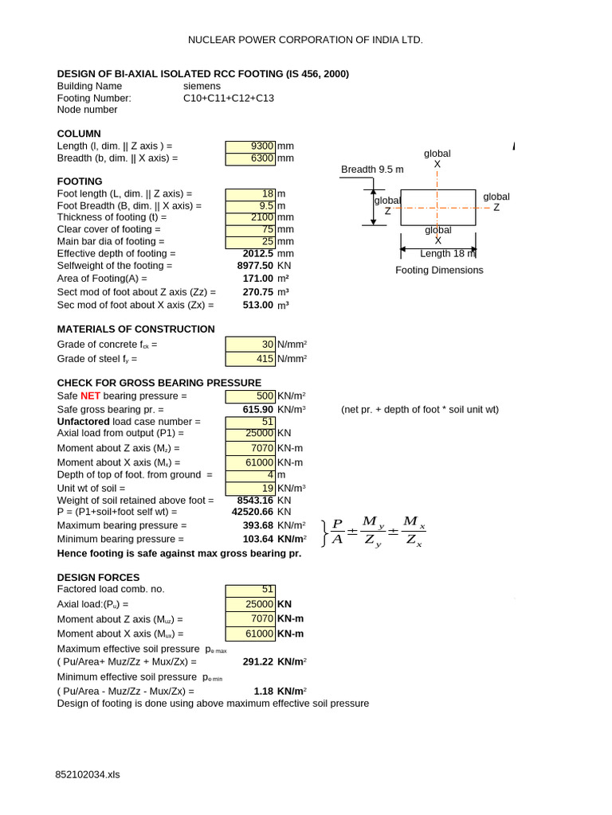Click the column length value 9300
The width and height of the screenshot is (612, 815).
coord(262,146)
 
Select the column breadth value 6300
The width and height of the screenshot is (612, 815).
coord(262,158)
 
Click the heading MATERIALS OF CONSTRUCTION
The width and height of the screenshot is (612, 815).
coord(136,329)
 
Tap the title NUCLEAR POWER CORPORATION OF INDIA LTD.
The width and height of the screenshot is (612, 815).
coord(305,39)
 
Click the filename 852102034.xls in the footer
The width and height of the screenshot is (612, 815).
coord(88,774)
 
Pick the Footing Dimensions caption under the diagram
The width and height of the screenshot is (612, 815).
coord(439,270)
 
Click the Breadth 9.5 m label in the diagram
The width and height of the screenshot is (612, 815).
coord(372,170)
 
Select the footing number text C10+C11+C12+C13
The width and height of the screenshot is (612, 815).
coord(229,98)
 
